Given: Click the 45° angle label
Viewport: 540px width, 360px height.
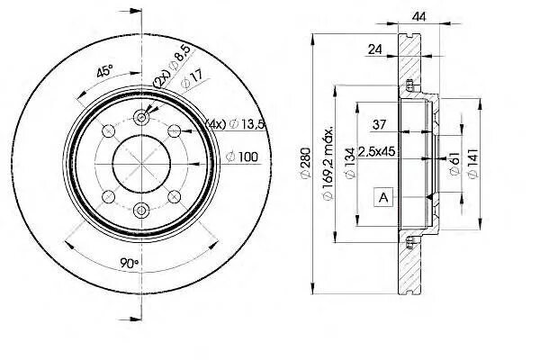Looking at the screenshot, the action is tap(104, 71).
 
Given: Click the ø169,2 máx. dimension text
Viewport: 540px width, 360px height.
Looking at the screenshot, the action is tap(330, 162).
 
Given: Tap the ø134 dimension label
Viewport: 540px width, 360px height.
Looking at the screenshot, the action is tap(346, 162).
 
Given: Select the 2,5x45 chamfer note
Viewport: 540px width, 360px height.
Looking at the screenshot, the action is tap(377, 150).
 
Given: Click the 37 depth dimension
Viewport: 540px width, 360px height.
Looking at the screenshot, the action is tap(381, 123).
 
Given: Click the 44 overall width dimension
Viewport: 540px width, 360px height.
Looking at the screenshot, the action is tap(417, 15).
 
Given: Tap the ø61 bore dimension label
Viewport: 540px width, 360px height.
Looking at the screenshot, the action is tap(454, 163).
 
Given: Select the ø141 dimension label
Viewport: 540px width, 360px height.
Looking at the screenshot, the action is tap(471, 163).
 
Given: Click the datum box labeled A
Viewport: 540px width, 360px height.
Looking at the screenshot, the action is tap(385, 195).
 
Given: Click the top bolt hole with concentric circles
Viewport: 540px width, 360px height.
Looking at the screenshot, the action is tap(142, 117).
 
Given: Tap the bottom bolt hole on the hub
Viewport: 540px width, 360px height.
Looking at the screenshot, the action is tap(142, 210).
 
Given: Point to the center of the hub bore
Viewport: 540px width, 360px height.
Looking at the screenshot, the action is tap(142, 163).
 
